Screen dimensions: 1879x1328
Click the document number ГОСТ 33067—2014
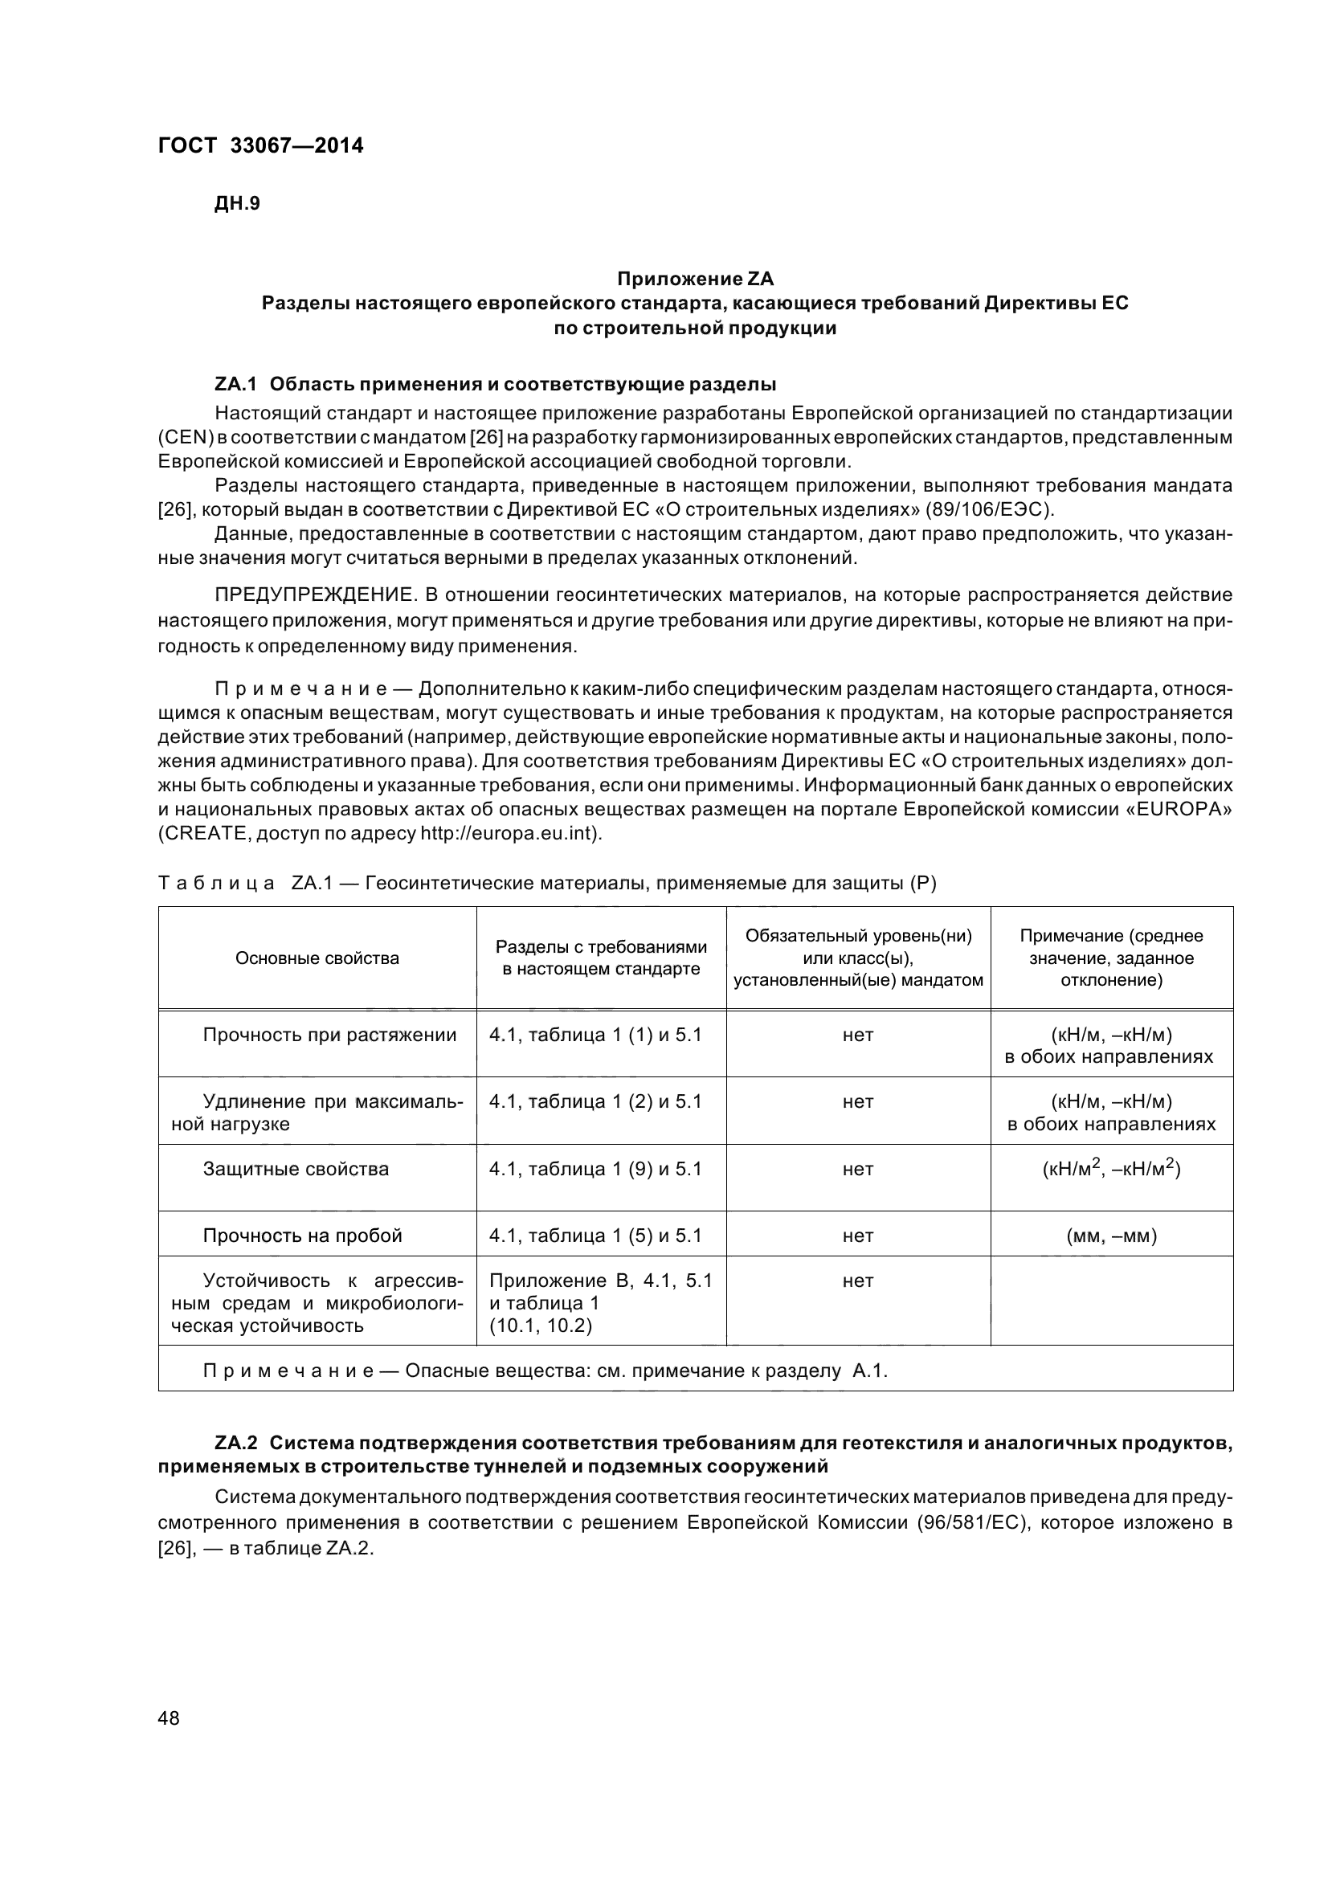pyautogui.click(x=259, y=145)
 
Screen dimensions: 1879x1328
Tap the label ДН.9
pyautogui.click(x=236, y=204)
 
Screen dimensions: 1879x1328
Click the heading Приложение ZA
pyautogui.click(x=695, y=279)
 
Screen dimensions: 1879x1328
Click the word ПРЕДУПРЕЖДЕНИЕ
pyautogui.click(x=314, y=594)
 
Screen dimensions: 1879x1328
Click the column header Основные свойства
pyautogui.click(x=317, y=958)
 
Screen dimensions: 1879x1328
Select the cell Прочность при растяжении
pyautogui.click(x=329, y=1035)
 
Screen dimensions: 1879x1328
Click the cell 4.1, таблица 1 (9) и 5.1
pyautogui.click(x=595, y=1169)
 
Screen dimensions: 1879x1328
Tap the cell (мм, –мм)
pyautogui.click(x=1111, y=1236)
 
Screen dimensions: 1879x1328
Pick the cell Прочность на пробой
pyautogui.click(x=302, y=1236)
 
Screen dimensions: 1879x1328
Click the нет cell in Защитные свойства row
pyautogui.click(x=857, y=1169)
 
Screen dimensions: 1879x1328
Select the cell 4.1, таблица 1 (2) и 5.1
pyautogui.click(x=595, y=1101)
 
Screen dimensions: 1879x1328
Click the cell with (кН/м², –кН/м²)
pyautogui.click(x=1111, y=1169)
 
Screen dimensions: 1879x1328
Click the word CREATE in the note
pyautogui.click(x=204, y=834)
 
